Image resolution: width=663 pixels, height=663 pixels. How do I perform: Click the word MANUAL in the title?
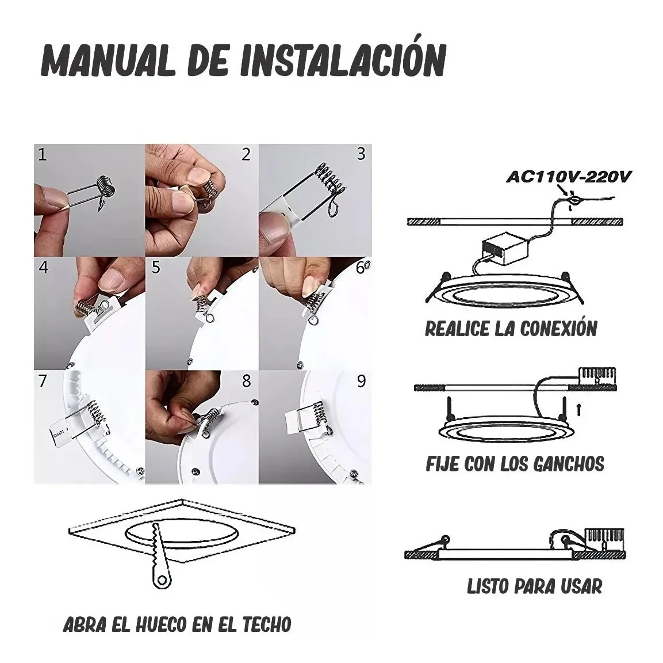[x=108, y=61]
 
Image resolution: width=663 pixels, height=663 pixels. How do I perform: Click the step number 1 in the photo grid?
[x=43, y=155]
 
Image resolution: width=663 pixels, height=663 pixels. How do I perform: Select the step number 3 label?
[x=361, y=154]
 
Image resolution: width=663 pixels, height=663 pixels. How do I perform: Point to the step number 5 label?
[x=156, y=268]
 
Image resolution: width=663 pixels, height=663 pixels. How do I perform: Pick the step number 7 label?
[x=43, y=381]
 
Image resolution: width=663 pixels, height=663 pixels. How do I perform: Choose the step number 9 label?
[x=361, y=381]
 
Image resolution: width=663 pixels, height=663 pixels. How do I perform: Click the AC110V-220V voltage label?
[x=569, y=177]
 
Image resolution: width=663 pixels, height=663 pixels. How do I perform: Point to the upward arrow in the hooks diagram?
[x=580, y=410]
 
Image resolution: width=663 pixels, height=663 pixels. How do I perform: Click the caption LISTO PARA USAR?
[x=534, y=586]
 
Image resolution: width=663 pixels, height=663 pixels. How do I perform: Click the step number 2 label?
[x=247, y=155]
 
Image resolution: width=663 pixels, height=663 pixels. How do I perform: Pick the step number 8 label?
[x=247, y=381]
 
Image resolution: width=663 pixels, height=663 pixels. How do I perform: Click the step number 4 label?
[x=43, y=268]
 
